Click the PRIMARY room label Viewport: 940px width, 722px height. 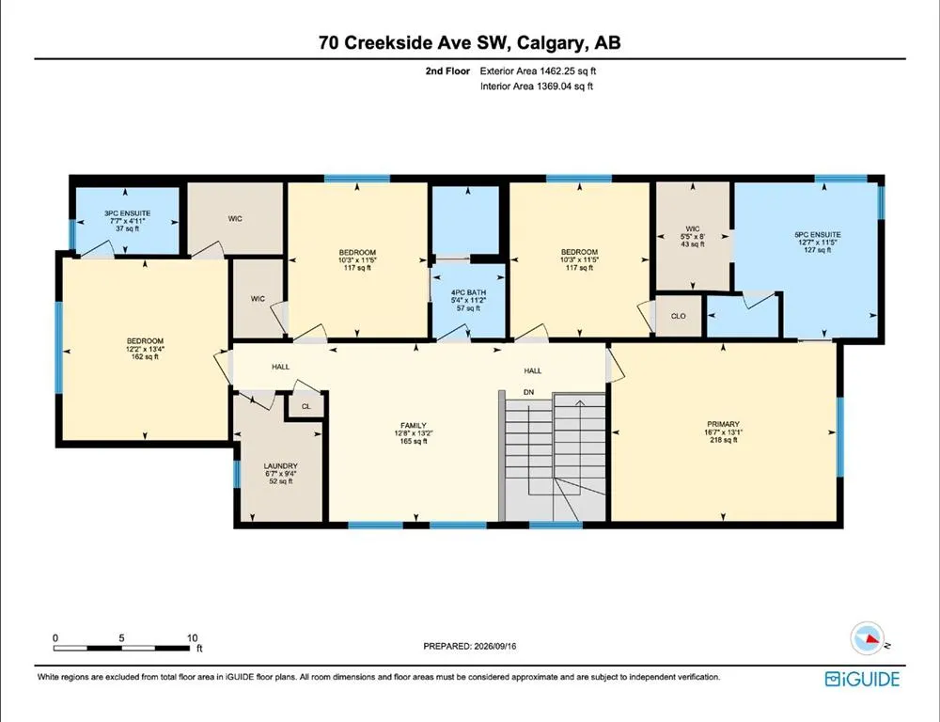pos(722,424)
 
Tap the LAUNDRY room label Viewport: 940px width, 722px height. pos(280,466)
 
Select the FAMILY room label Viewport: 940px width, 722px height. pos(414,426)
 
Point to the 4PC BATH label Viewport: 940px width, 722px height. pos(468,292)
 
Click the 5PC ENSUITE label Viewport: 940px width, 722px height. pos(817,235)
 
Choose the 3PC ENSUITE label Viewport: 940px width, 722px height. pos(127,213)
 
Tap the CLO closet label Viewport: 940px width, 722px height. pos(678,316)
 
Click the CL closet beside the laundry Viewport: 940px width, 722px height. pos(306,406)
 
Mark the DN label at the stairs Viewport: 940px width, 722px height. pos(528,392)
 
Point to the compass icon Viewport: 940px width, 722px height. pos(868,638)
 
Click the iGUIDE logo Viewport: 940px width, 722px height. pos(862,679)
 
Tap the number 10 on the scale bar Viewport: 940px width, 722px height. pos(192,638)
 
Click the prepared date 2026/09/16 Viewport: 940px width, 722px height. pos(494,646)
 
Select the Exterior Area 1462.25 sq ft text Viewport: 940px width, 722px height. pos(538,71)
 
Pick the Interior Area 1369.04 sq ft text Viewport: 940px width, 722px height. pos(537,86)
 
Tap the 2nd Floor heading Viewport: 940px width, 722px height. pos(447,71)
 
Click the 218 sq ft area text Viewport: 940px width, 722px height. pos(722,440)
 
